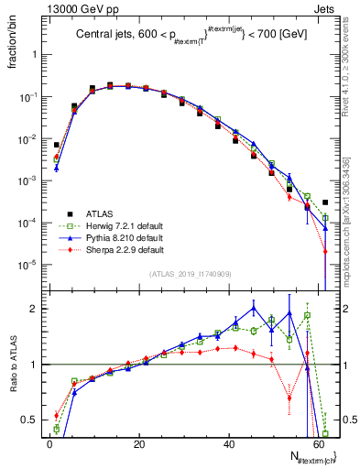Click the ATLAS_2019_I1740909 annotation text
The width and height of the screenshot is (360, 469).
pos(190,274)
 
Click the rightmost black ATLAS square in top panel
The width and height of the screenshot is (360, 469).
pos(325,202)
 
